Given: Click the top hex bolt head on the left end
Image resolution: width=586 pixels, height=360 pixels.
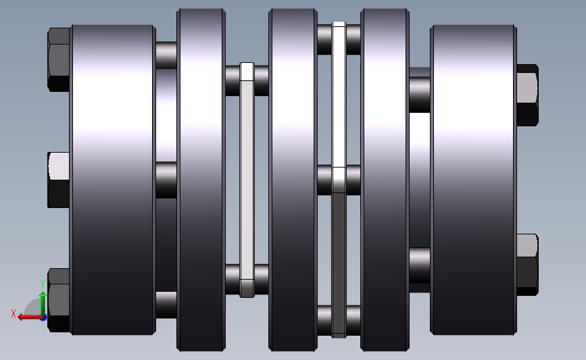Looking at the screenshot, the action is (x=59, y=59).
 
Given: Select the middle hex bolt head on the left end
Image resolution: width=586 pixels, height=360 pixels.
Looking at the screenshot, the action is (x=59, y=180).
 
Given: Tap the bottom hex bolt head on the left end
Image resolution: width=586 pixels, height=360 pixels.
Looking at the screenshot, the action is (x=59, y=300).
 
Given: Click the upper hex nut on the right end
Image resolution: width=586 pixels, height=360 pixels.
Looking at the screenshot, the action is (x=527, y=95).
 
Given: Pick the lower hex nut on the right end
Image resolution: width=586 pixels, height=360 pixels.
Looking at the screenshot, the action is (x=527, y=265).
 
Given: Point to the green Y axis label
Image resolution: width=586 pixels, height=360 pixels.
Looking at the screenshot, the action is (x=42, y=284).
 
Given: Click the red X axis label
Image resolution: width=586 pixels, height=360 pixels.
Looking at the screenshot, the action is (x=14, y=313).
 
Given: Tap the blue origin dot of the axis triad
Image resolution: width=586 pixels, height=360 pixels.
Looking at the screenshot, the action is (x=43, y=318).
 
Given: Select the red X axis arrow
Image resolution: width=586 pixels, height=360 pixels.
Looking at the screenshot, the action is (x=30, y=317).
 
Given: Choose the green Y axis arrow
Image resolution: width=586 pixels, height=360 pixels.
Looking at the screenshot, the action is (x=43, y=305).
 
